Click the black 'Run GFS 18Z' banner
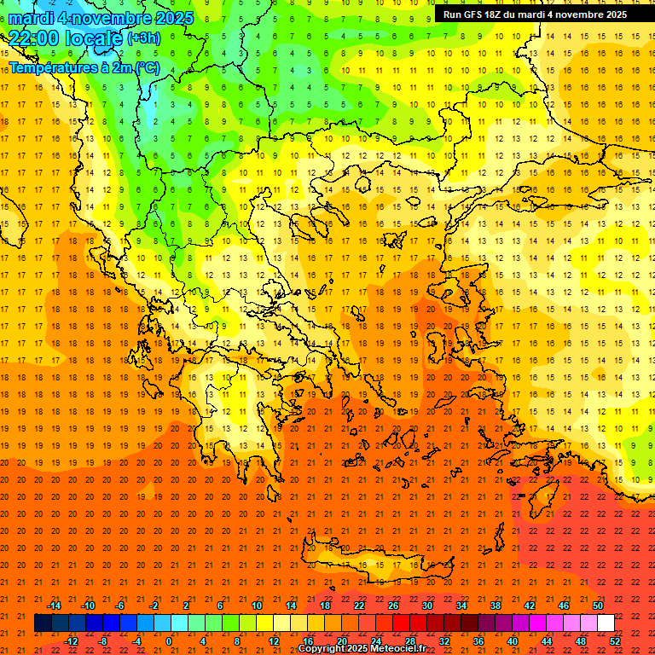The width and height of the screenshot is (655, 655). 535,14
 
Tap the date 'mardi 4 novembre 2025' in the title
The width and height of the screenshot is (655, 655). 101,18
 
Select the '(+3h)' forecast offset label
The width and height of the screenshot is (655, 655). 142,38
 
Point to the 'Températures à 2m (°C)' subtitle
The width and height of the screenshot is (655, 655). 84,67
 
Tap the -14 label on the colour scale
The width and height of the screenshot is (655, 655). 53,606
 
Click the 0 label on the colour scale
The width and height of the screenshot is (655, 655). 169,641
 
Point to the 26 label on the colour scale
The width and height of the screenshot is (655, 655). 393,606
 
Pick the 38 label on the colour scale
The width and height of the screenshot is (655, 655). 496,606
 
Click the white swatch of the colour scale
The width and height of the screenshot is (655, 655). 606,623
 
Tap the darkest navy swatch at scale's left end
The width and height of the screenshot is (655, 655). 43,623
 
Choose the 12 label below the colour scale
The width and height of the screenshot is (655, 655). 274,641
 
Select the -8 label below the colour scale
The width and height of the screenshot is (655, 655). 103,641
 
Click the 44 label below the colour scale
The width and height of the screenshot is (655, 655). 547,641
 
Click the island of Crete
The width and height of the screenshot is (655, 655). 375,563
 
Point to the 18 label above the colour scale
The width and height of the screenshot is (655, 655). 325,606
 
